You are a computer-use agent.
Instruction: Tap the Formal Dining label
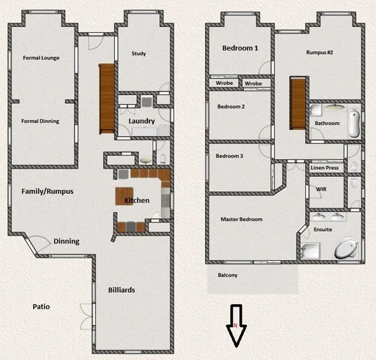coord(40,121)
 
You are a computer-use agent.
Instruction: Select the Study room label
coord(139,54)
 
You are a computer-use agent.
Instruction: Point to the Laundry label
coord(142,121)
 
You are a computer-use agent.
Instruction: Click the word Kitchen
coord(137,200)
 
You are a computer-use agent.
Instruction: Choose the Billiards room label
coord(122,290)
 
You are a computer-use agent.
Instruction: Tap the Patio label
coord(41,307)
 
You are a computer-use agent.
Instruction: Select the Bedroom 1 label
coord(240,48)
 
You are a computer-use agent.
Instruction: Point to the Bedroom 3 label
coord(230,157)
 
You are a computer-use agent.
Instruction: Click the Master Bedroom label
coord(241,220)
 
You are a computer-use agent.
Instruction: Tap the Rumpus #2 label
coord(319,52)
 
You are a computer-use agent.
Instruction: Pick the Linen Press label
coord(326,168)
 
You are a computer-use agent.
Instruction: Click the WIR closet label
coord(320,189)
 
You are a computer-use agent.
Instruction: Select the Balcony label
coord(227,275)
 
